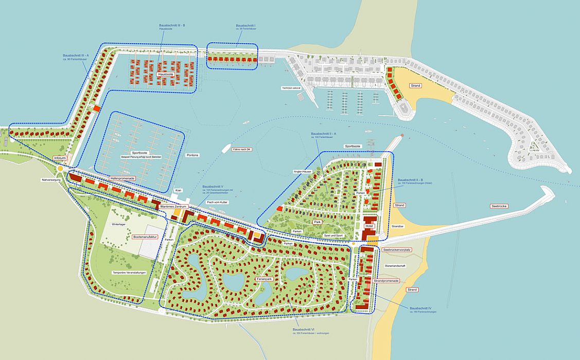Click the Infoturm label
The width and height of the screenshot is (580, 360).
point(60,158)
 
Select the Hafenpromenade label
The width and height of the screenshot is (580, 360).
point(122,178)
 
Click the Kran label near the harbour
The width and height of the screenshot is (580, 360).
point(179,190)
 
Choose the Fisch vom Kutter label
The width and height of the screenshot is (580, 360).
point(217,203)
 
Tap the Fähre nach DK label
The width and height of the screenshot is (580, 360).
point(242,149)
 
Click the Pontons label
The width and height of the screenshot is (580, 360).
point(193,155)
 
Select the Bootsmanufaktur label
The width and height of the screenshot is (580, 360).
point(145,237)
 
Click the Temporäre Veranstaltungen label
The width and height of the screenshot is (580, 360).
point(129,273)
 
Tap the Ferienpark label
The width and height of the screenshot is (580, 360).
point(263,279)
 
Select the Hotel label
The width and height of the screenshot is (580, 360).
point(368,226)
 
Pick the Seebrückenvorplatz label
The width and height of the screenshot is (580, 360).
point(397,249)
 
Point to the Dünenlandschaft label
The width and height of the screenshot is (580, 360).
point(395,265)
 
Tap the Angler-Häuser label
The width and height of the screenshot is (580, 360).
point(302,171)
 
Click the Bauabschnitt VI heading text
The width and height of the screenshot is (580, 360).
point(304,329)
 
